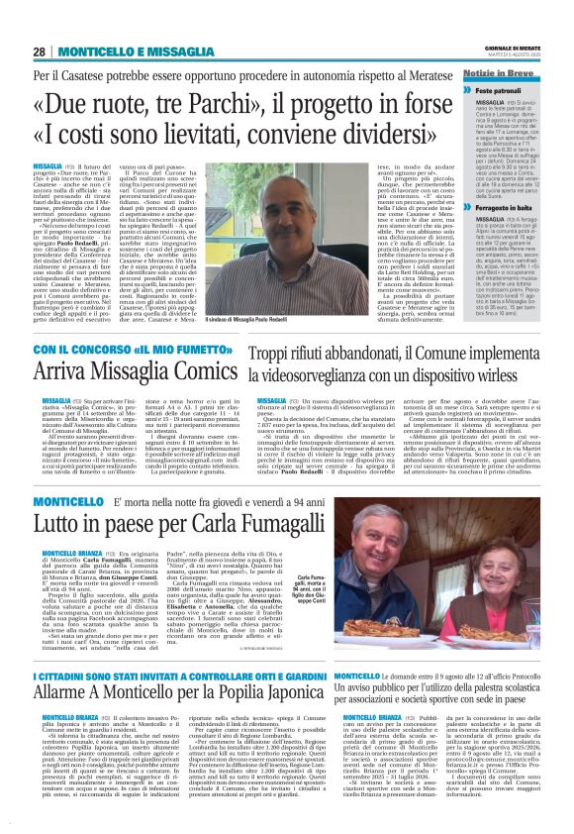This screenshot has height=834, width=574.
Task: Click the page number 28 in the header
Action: click(x=40, y=52)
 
